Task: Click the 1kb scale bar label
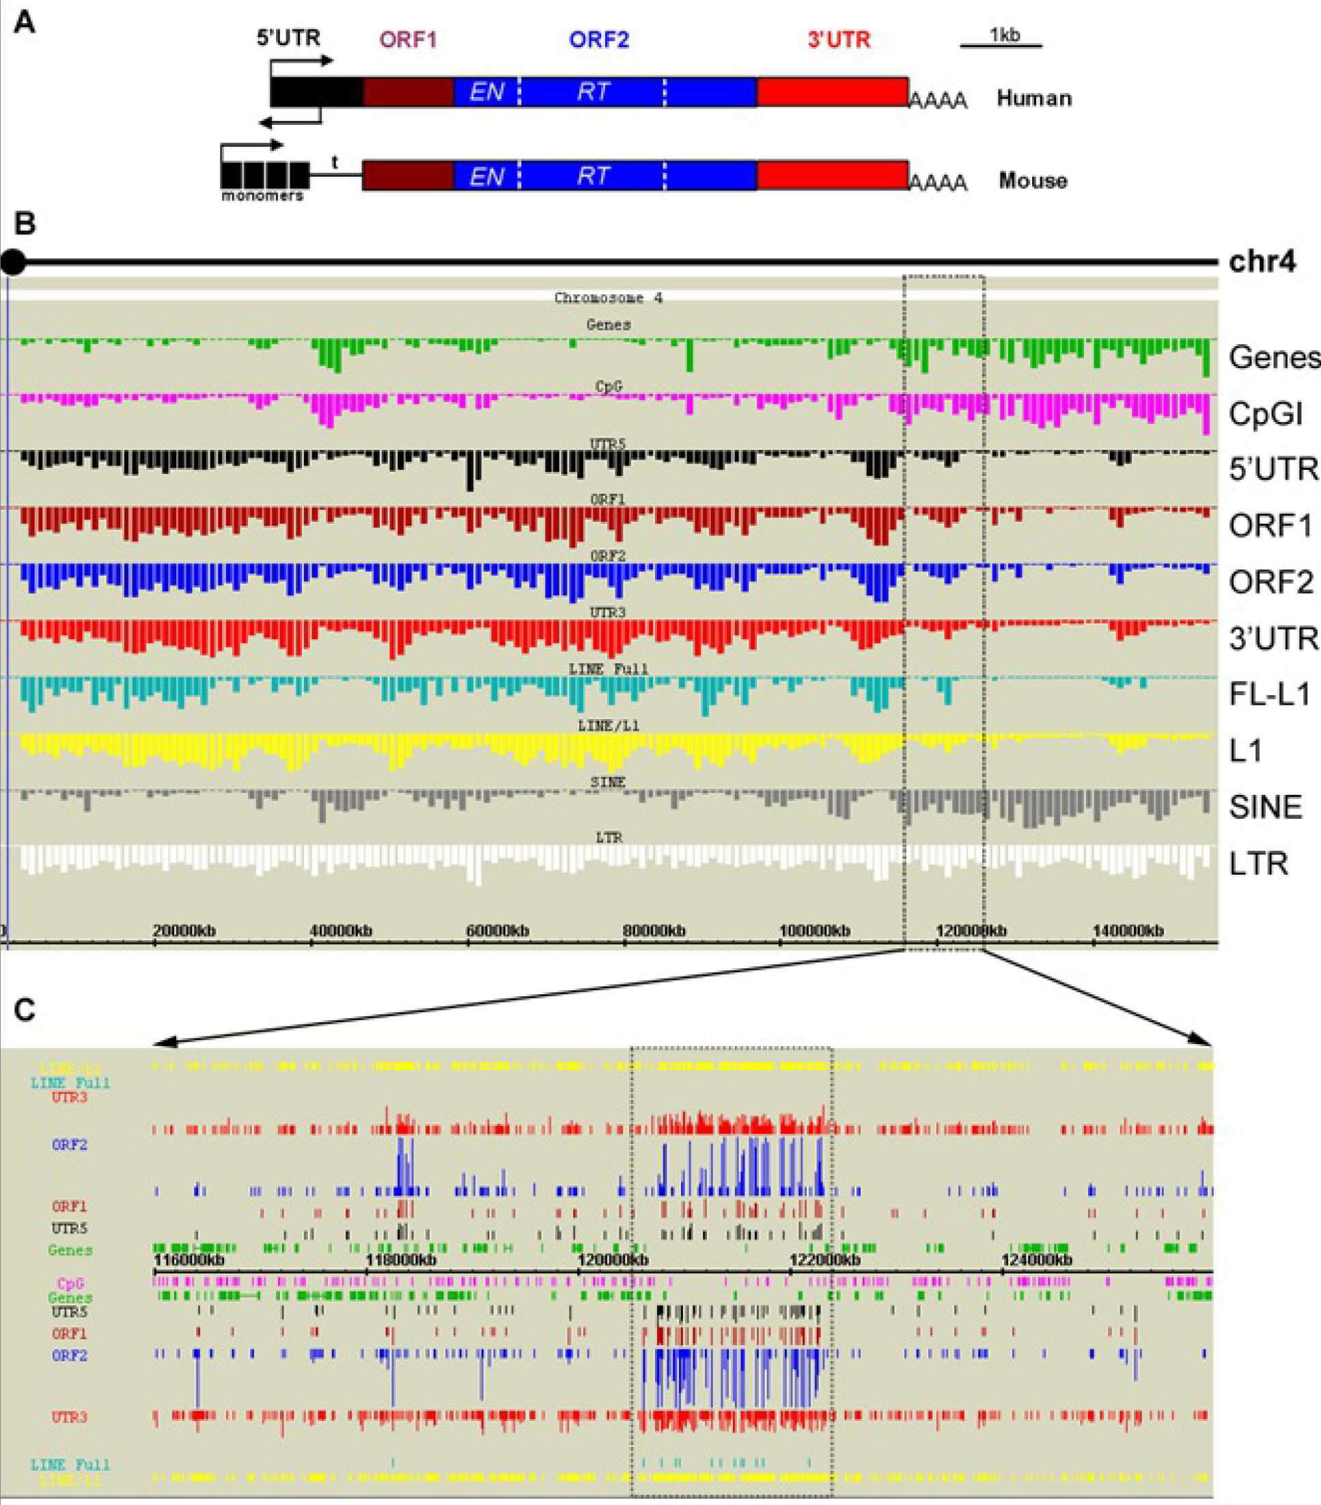tap(1004, 34)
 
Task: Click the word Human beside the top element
tap(1034, 98)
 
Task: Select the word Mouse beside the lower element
tap(1032, 180)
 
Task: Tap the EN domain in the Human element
tap(486, 92)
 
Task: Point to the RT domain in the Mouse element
tap(593, 176)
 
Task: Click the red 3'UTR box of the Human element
tap(832, 92)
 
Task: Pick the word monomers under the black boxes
tap(262, 196)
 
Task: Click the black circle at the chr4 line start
tap(12, 262)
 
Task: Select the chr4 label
tap(1262, 262)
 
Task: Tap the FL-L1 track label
tap(1270, 694)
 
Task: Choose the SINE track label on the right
tap(1265, 807)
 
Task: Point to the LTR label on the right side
tap(1258, 864)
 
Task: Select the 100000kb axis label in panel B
tap(814, 931)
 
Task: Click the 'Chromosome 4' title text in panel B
tap(608, 298)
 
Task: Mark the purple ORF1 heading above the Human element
tap(408, 39)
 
